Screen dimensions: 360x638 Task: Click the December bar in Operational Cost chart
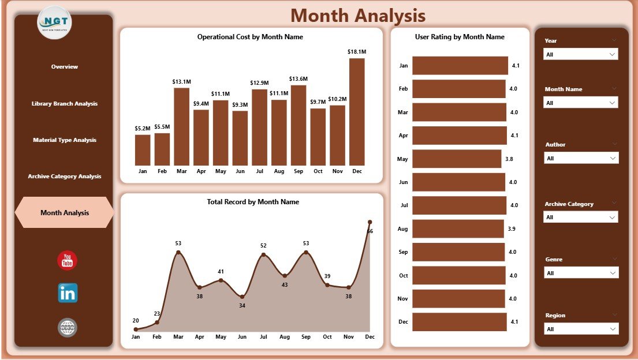coord(357,112)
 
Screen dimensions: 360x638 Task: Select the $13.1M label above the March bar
coord(181,82)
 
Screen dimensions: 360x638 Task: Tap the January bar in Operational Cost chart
coord(143,150)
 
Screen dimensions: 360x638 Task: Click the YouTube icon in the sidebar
coord(68,261)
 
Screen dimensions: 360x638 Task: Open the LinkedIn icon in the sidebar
coord(68,293)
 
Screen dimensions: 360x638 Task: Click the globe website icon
coord(68,328)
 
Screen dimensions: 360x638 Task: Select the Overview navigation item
coord(64,67)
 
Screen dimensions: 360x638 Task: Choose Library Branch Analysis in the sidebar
coord(64,104)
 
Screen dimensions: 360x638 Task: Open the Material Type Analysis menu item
coord(64,140)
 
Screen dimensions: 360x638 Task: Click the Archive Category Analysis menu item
coord(64,177)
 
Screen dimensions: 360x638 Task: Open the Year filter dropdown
coord(581,54)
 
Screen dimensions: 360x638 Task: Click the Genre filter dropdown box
coord(581,273)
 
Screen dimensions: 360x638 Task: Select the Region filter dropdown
coord(581,329)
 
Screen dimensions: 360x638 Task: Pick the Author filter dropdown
coord(581,158)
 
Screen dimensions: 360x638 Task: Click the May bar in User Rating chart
coord(457,159)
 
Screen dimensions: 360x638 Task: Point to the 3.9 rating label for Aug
coord(512,229)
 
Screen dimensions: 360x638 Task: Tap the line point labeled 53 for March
coord(178,252)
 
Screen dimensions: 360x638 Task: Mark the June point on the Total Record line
coord(242,297)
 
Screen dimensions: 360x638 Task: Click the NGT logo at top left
coord(54,22)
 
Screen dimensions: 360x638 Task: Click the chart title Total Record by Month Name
coord(253,202)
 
